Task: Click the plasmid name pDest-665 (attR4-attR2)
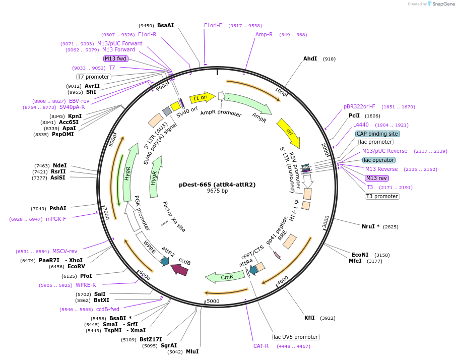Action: coord(217,185)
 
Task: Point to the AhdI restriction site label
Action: coord(310,59)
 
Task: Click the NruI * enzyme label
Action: coord(370,226)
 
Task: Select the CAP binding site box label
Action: coord(377,134)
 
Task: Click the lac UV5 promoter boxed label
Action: coord(296,337)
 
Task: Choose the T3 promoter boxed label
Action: coord(382,196)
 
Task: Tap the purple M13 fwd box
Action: coord(115,58)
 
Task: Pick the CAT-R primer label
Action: coord(261,346)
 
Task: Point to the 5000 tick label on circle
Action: coord(213,301)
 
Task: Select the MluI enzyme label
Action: coord(192,351)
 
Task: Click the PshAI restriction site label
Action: coord(57,208)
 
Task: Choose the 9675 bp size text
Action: coord(217,191)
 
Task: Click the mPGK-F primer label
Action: coord(56,219)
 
